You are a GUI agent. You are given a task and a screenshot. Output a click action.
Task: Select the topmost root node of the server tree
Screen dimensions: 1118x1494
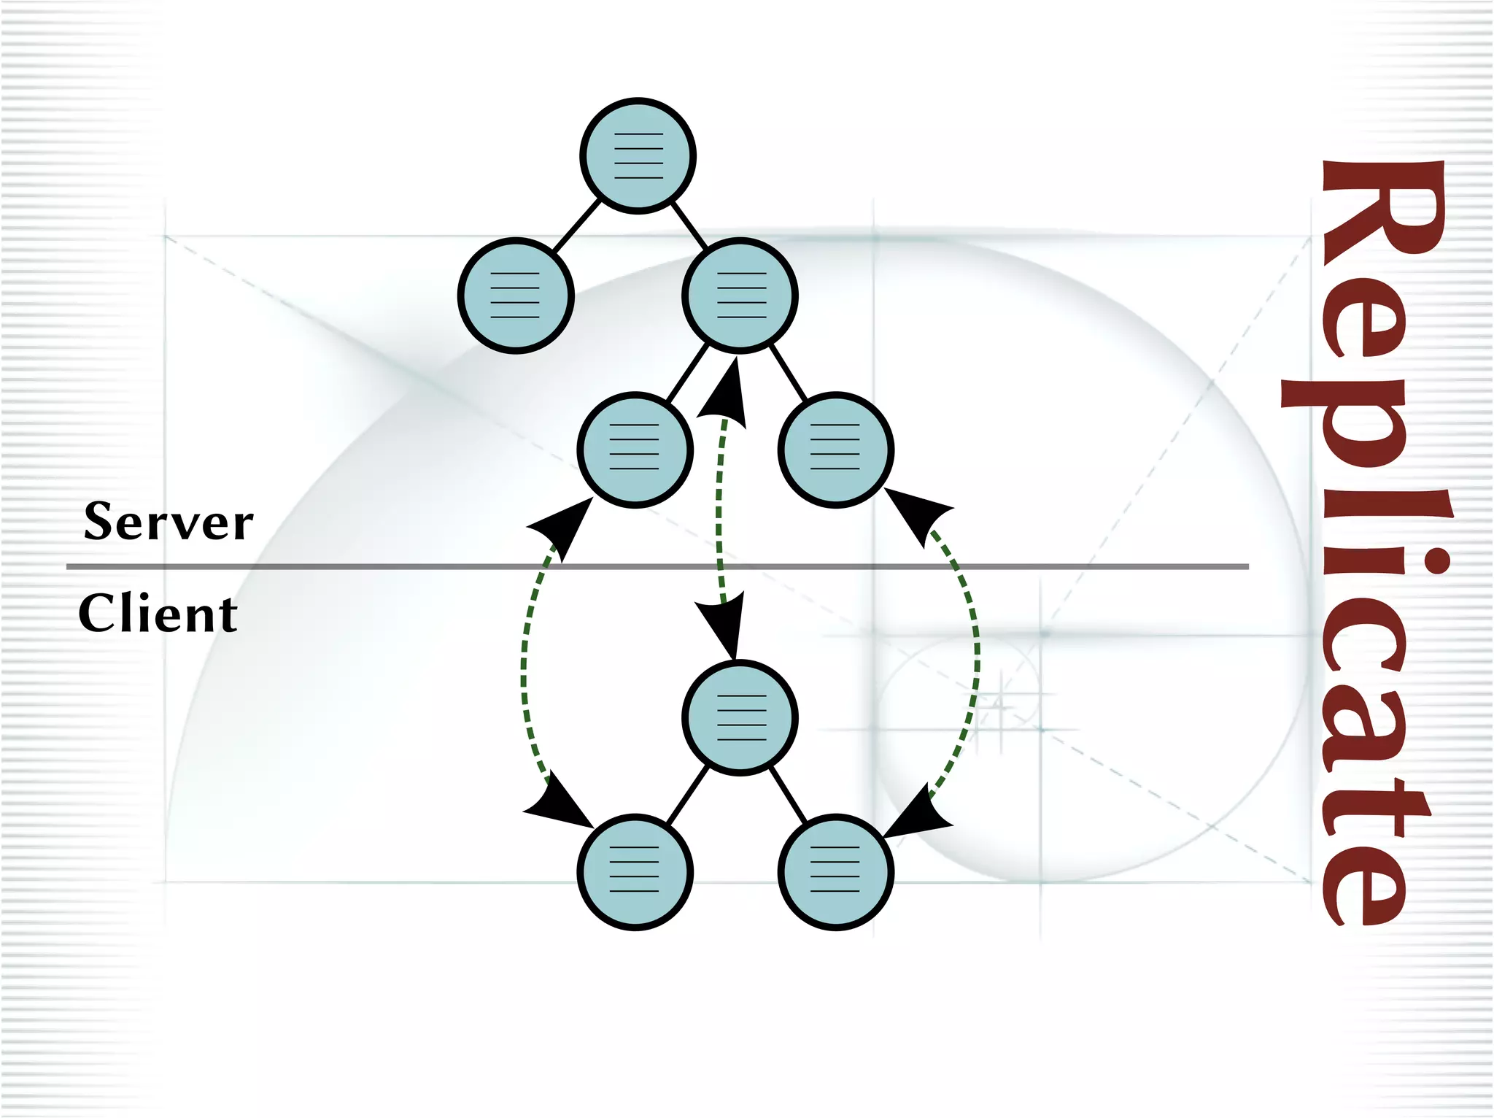(x=638, y=155)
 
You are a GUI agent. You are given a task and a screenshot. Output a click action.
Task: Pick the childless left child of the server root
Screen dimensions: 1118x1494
(x=516, y=296)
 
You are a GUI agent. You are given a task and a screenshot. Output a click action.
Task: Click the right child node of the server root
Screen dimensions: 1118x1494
(x=740, y=296)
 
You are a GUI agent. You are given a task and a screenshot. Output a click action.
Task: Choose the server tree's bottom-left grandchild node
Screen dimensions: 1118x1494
(x=635, y=450)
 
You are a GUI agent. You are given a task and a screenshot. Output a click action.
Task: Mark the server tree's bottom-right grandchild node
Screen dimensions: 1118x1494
(x=835, y=450)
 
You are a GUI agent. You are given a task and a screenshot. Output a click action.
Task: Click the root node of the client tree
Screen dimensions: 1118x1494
(x=740, y=717)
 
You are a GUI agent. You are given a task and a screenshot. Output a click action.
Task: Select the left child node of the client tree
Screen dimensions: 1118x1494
(x=635, y=871)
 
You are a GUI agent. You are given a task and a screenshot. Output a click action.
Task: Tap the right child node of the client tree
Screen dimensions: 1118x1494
(x=835, y=871)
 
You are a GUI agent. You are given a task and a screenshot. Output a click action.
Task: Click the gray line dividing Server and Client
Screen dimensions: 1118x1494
(x=365, y=566)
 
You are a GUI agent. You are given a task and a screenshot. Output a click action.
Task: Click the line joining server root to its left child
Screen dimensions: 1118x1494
(x=576, y=227)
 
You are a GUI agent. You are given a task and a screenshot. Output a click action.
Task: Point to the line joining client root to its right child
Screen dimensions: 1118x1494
(x=788, y=795)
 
